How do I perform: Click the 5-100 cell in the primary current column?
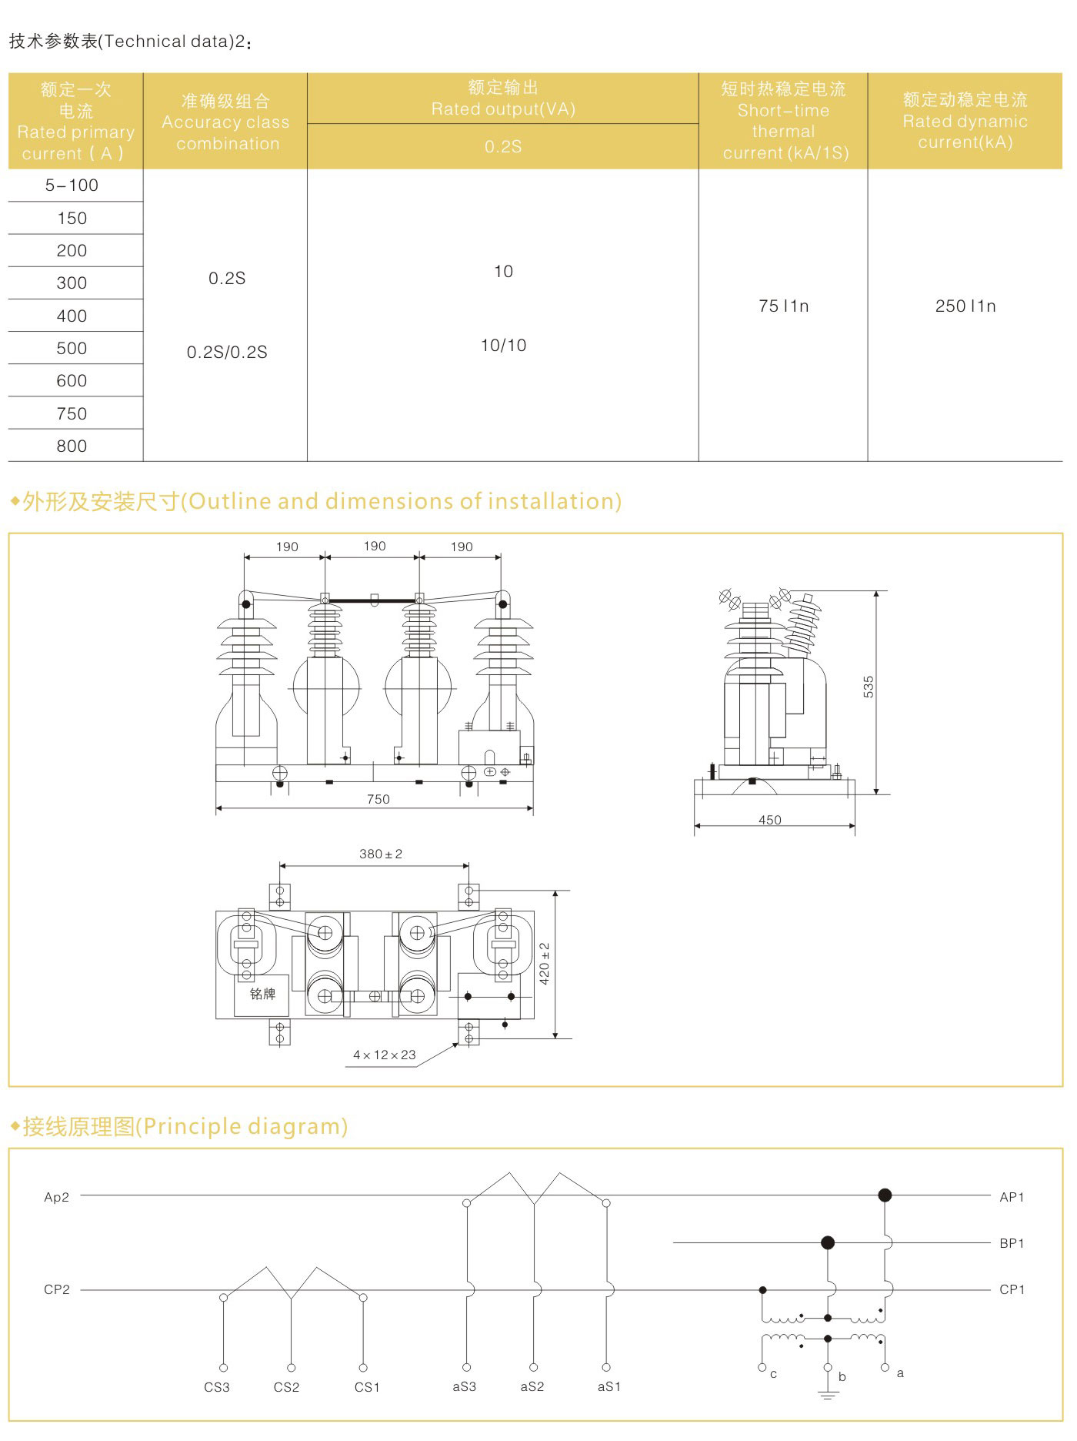click(72, 186)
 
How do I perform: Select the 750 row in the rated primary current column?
click(72, 413)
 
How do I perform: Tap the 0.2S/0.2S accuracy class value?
click(227, 352)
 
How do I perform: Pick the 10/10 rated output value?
click(503, 345)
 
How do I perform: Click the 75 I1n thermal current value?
click(783, 306)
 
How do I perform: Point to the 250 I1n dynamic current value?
click(965, 306)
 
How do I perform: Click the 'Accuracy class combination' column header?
click(225, 122)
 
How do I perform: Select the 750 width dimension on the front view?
click(378, 799)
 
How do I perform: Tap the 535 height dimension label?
click(869, 687)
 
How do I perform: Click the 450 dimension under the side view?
click(770, 820)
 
